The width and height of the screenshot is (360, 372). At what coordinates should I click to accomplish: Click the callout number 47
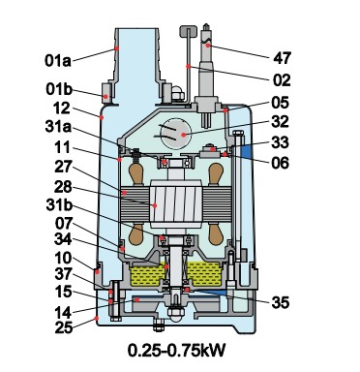click(x=283, y=58)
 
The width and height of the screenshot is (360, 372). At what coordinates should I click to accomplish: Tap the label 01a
click(x=58, y=61)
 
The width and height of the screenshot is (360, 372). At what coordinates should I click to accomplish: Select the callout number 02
click(x=282, y=80)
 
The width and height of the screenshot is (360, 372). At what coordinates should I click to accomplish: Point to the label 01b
click(x=59, y=89)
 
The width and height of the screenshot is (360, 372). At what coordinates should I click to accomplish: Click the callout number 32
click(x=281, y=122)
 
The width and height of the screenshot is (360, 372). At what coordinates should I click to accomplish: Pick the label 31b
click(x=59, y=204)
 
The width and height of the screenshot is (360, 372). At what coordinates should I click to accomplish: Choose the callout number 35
click(x=281, y=303)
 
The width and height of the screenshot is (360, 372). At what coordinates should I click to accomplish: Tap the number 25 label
click(x=64, y=328)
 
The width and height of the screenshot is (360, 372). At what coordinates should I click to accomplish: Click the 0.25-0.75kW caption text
click(x=176, y=351)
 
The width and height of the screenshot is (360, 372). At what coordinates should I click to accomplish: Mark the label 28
click(x=63, y=187)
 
